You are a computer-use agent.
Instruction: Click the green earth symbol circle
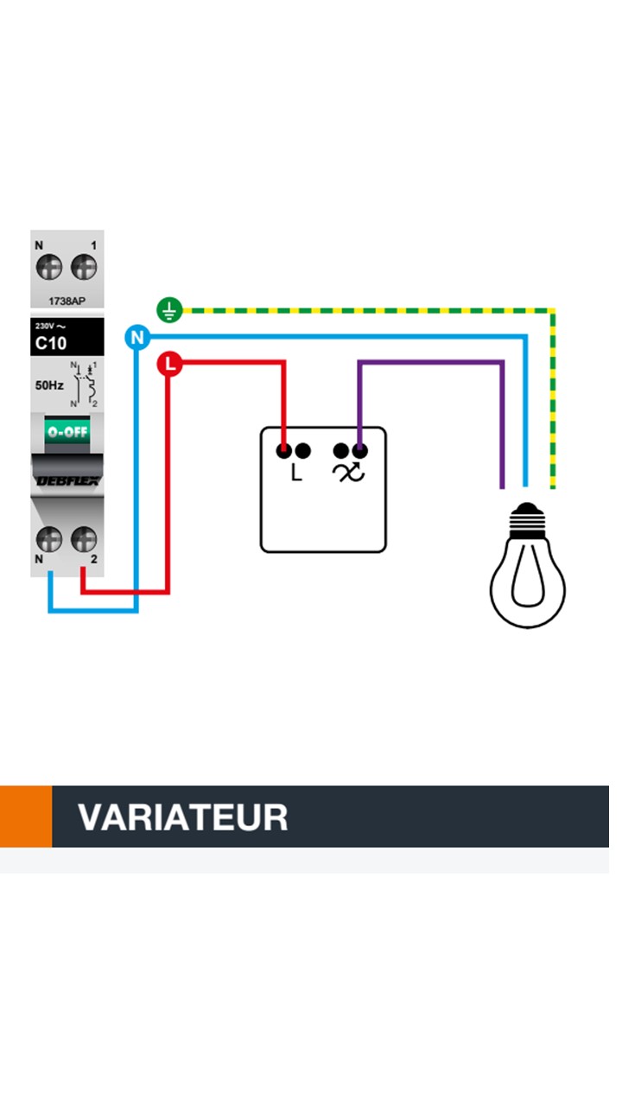(x=169, y=309)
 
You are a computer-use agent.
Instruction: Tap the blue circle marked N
(x=136, y=337)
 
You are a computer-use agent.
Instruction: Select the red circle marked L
(x=169, y=365)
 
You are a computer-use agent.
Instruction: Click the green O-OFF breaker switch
(x=67, y=430)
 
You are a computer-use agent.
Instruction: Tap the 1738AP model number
(x=67, y=302)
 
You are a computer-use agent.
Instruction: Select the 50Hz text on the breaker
(x=49, y=385)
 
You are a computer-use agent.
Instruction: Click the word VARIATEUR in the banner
(x=182, y=817)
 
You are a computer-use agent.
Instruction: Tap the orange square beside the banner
(x=25, y=817)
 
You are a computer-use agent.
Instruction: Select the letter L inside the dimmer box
(x=296, y=474)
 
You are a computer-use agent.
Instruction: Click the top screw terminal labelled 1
(x=84, y=267)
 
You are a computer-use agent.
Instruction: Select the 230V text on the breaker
(x=44, y=327)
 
